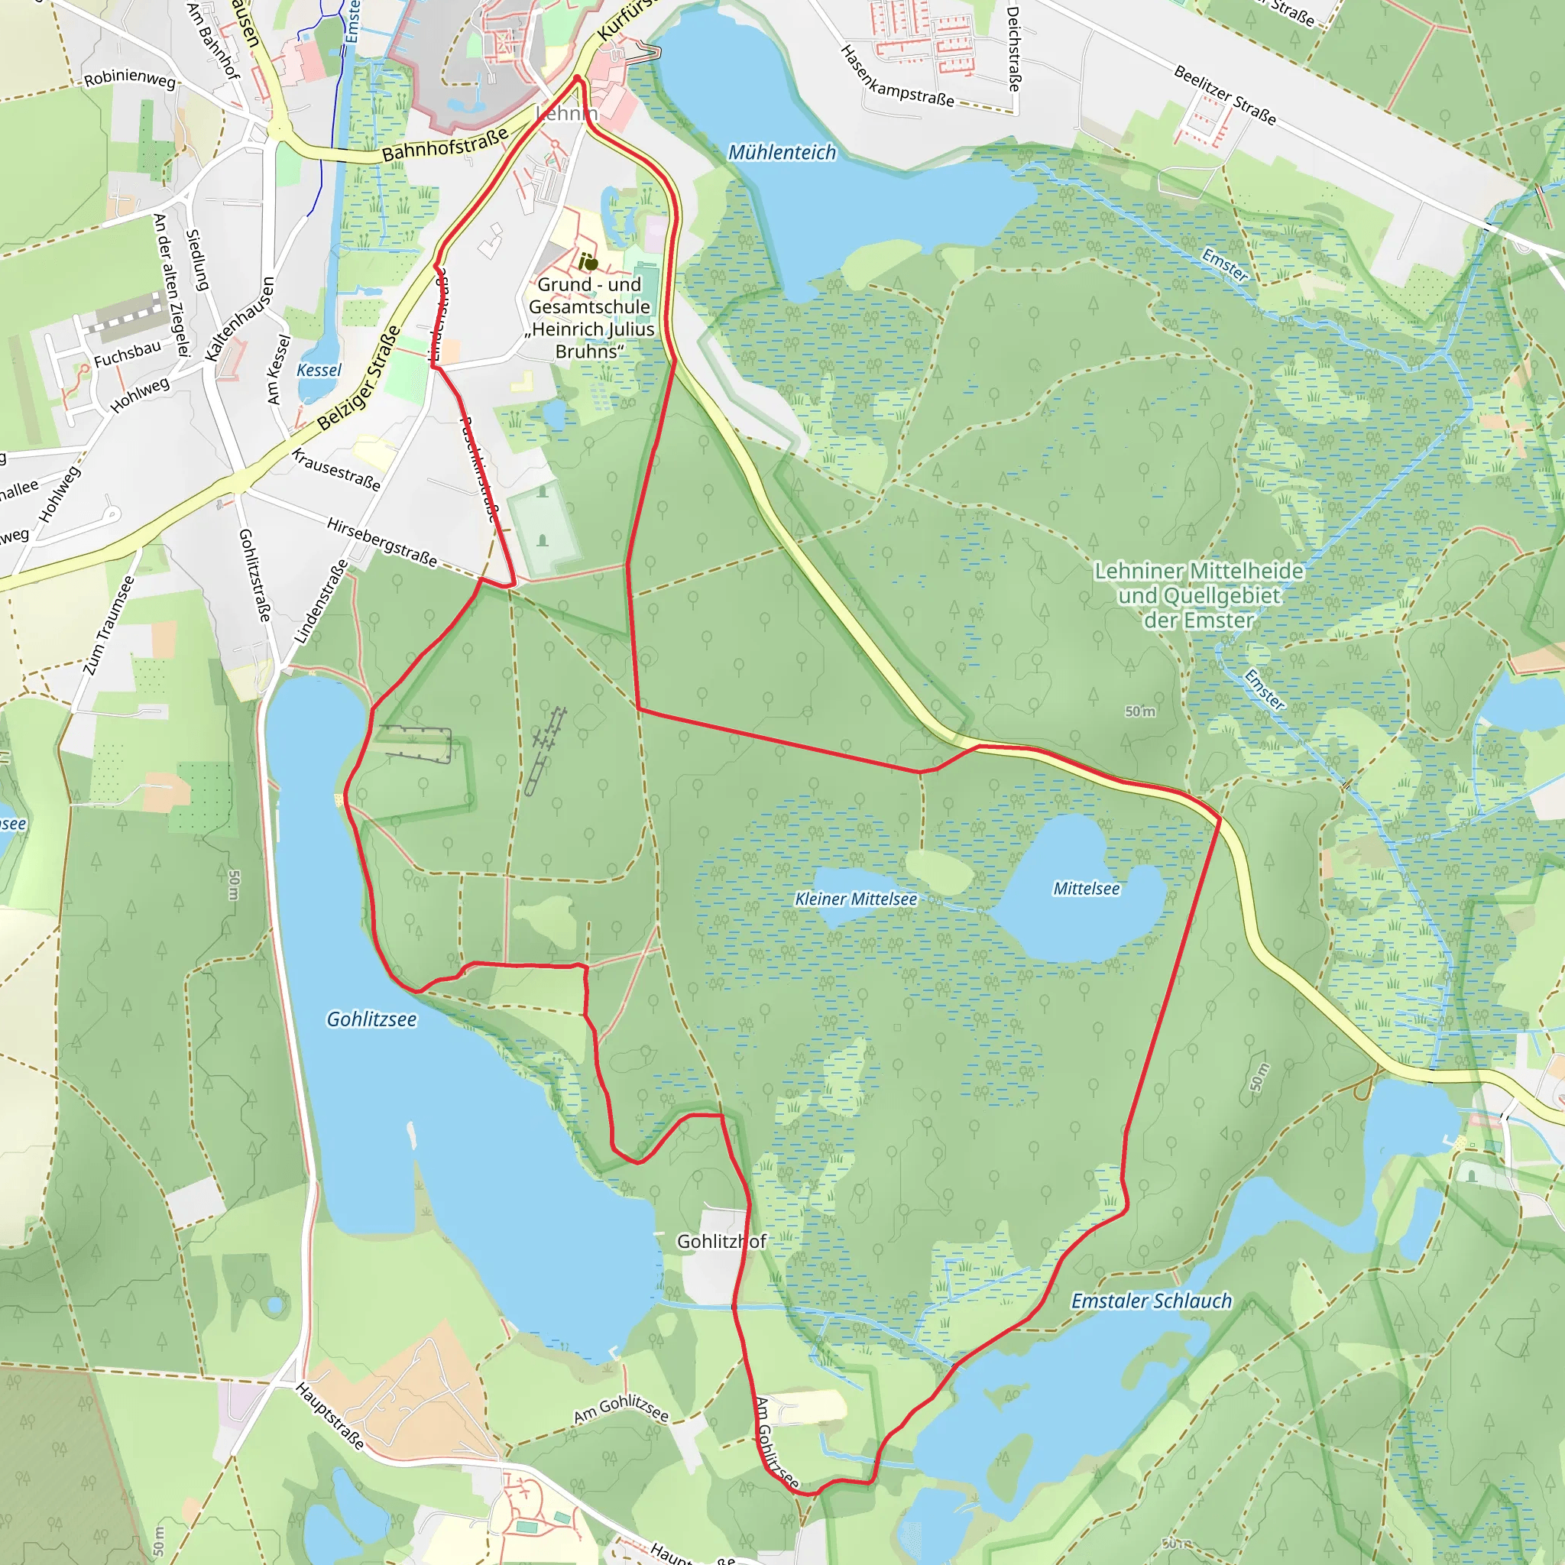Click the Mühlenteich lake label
pyautogui.click(x=782, y=152)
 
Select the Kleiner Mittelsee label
pyautogui.click(x=855, y=899)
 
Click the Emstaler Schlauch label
pyautogui.click(x=1150, y=1301)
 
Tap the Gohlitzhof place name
pyautogui.click(x=721, y=1242)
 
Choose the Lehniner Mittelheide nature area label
pyautogui.click(x=1198, y=595)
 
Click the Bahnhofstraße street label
pyautogui.click(x=445, y=144)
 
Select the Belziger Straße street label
pyautogui.click(x=359, y=378)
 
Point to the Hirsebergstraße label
pyautogui.click(x=381, y=542)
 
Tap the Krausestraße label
pyautogui.click(x=335, y=470)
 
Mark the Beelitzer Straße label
pyautogui.click(x=1224, y=96)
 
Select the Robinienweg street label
pyautogui.click(x=130, y=79)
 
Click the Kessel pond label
pyautogui.click(x=319, y=370)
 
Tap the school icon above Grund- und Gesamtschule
pyautogui.click(x=588, y=262)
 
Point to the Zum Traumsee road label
pyautogui.click(x=109, y=625)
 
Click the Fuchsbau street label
pyautogui.click(x=127, y=355)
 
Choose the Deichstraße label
pyautogui.click(x=1013, y=49)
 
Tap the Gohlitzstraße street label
pyautogui.click(x=254, y=575)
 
